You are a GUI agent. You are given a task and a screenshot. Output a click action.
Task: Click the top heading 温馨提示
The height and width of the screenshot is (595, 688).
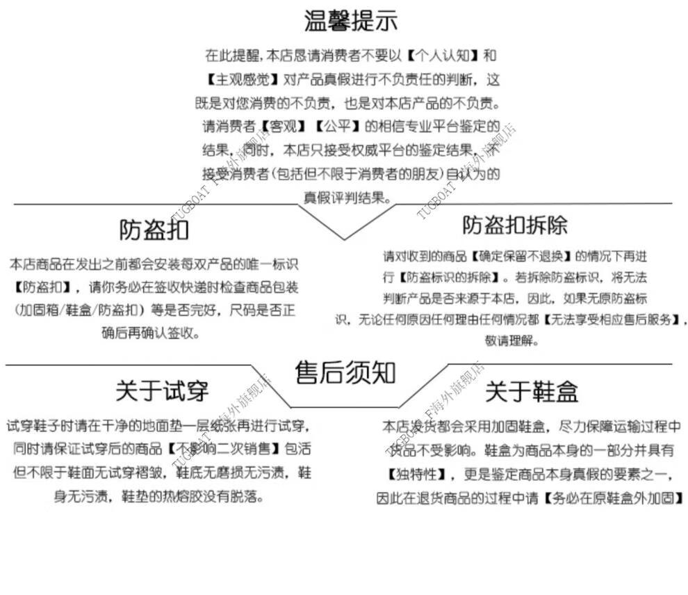coord(351,21)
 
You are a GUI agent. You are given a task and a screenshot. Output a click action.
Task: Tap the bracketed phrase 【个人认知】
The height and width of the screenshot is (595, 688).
coord(443,55)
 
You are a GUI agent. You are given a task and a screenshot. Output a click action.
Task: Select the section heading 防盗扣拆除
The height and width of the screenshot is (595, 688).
coord(515,225)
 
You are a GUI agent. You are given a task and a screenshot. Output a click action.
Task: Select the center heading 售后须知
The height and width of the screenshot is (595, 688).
coord(345,373)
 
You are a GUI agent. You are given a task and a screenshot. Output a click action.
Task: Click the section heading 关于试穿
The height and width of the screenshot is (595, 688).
coord(162,391)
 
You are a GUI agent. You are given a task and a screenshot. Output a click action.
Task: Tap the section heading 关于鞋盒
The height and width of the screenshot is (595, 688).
coord(531,391)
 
